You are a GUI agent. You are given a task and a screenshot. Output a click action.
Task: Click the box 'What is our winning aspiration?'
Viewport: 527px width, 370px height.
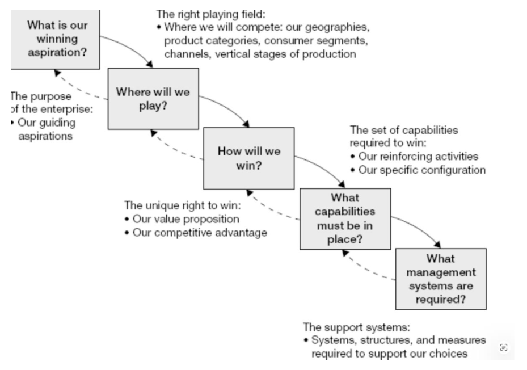pyautogui.click(x=56, y=39)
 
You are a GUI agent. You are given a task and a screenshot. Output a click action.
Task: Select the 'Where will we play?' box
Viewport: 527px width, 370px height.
pyautogui.click(x=153, y=98)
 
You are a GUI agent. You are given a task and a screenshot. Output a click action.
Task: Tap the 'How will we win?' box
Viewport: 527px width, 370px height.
pyautogui.click(x=248, y=158)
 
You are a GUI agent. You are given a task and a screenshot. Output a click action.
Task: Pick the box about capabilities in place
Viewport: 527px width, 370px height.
pyautogui.click(x=345, y=218)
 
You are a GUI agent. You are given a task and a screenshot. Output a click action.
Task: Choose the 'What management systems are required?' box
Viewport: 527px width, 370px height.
pyautogui.click(x=441, y=279)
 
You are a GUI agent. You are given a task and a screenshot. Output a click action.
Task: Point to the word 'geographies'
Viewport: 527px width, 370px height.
pyautogui.click(x=344, y=27)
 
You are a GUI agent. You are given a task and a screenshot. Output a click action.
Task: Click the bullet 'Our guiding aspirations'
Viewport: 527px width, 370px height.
pyautogui.click(x=45, y=129)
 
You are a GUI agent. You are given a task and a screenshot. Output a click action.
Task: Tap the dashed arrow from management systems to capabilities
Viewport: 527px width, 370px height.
pyautogui.click(x=369, y=270)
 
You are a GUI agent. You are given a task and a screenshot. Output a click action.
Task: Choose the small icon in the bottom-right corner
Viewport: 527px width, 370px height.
pyautogui.click(x=503, y=347)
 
